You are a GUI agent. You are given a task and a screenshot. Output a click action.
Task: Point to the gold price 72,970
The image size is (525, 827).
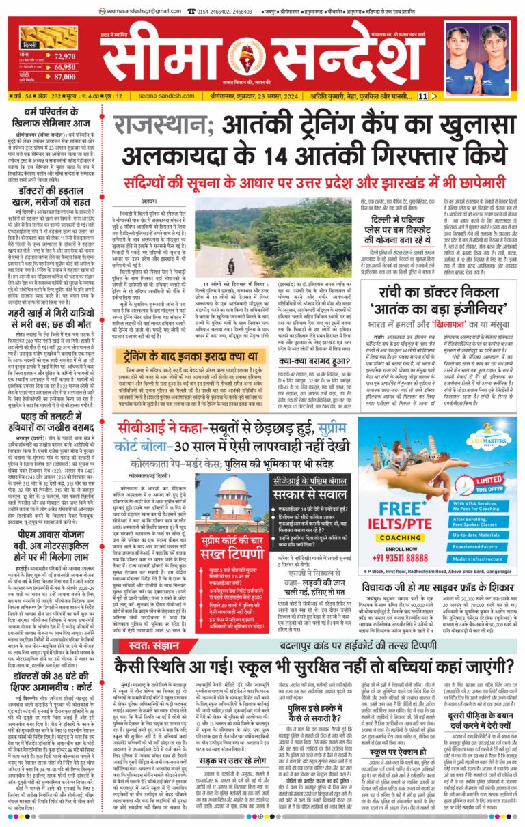coord(64,57)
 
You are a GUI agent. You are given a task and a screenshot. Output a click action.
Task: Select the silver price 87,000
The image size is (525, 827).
coord(64,79)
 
